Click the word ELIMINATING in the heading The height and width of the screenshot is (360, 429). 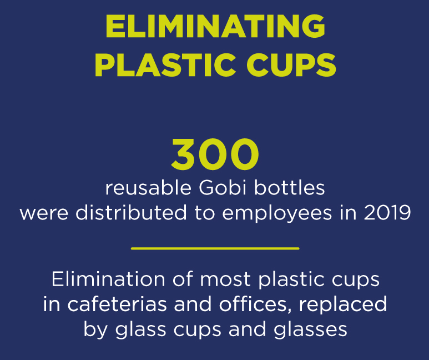215,26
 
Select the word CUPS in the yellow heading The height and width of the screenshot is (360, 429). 291,65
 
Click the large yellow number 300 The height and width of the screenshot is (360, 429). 215,154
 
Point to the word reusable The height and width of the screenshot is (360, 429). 148,188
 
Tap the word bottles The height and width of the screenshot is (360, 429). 290,188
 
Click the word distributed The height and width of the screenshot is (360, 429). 132,213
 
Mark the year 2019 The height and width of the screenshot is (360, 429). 387,213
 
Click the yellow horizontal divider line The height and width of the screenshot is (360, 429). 215,248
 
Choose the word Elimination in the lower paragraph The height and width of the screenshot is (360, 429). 108,279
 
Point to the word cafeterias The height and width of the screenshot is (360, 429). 117,304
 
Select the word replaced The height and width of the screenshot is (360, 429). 343,305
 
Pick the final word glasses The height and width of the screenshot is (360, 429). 310,330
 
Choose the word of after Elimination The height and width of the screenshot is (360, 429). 183,279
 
